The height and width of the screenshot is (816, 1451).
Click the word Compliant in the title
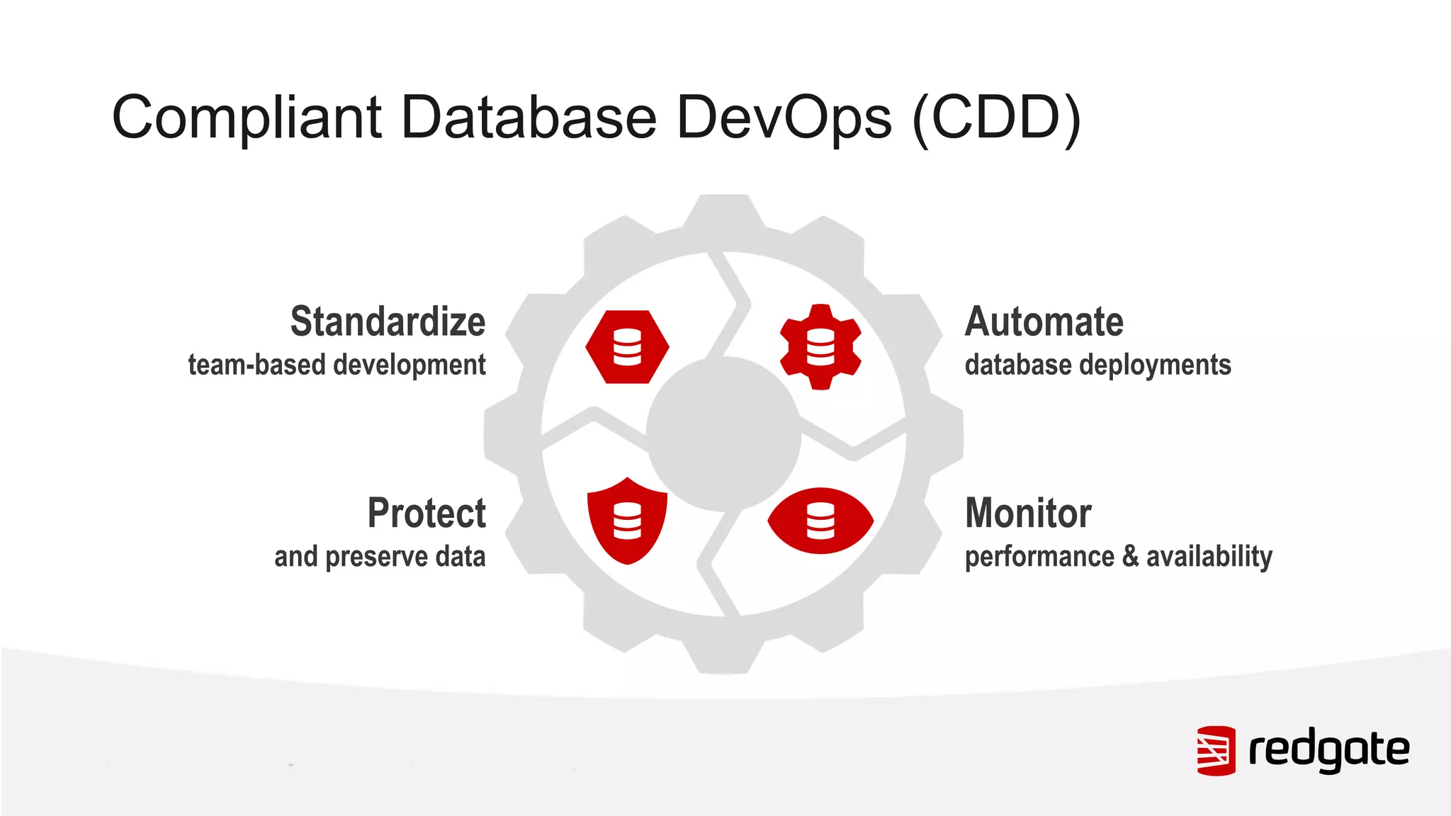point(247,118)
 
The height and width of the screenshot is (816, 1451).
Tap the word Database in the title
point(529,118)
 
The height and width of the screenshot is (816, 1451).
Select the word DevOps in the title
point(784,118)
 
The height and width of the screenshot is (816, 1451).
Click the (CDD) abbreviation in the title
point(996,118)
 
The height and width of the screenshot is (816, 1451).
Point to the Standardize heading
point(388,322)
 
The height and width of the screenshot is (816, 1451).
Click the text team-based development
point(337,365)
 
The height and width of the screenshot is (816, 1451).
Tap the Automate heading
point(1044,322)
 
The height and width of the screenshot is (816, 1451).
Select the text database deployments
point(1097,365)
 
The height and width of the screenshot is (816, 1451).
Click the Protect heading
point(427,513)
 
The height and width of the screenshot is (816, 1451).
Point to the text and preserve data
point(380,557)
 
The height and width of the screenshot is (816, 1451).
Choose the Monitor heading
point(1027,513)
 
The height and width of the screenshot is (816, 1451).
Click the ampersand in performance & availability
point(1130,557)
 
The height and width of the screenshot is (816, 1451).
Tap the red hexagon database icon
point(627,347)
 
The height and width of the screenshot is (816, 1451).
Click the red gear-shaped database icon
point(820,347)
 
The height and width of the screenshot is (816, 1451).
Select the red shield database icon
point(627,521)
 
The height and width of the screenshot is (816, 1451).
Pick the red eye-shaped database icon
point(820,521)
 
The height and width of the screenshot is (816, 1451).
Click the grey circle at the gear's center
point(723,433)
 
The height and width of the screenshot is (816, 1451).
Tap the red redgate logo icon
point(1216,750)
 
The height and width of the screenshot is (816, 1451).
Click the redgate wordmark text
point(1328,750)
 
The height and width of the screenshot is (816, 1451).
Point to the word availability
point(1209,557)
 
